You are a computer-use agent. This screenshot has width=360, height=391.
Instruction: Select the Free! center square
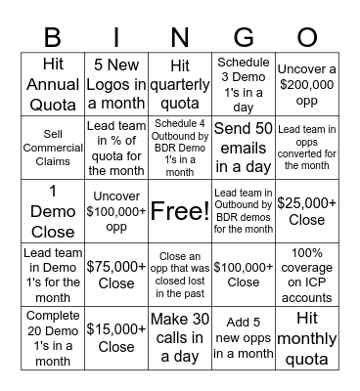click(179, 210)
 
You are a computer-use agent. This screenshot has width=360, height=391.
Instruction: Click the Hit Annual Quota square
click(55, 84)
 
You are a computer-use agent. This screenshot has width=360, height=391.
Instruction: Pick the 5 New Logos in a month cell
click(116, 84)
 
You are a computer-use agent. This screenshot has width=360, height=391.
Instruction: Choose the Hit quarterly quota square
click(179, 84)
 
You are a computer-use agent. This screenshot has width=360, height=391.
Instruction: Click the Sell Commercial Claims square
click(55, 147)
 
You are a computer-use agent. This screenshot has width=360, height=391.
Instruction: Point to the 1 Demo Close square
click(55, 210)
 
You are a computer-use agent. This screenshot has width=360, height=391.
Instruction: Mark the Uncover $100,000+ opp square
click(116, 210)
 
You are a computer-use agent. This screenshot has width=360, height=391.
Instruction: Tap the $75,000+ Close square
click(116, 273)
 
